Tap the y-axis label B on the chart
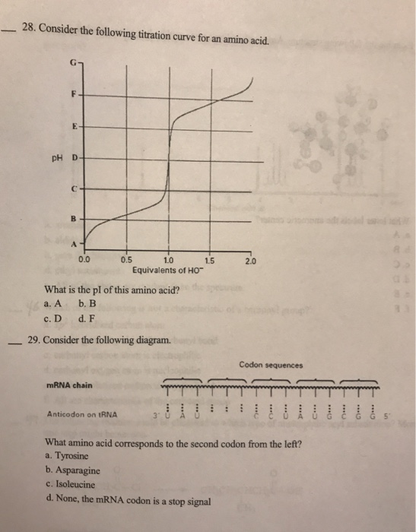point(75,217)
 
